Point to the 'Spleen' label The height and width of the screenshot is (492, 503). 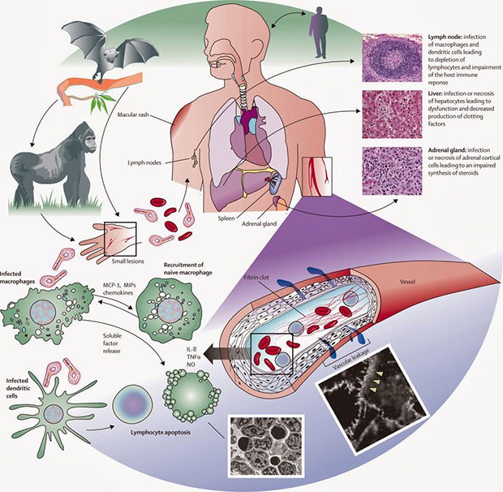pos(226,218)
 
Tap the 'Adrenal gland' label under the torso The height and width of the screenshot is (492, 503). pos(259,224)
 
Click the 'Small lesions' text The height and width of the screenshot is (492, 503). pos(127,261)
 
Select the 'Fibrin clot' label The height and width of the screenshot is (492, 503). pos(256,277)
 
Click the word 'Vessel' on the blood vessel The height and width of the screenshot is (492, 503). pos(407,282)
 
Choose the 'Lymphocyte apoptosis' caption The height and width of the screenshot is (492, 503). pos(161,432)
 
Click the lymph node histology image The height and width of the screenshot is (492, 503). pos(392,58)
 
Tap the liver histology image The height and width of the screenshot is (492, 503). pos(392,114)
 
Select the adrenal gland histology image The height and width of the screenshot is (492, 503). pos(392,171)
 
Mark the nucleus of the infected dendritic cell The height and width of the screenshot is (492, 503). pos(54,414)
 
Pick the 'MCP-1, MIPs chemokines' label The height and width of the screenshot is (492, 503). pos(118,289)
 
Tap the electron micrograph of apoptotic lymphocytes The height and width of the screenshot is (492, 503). pos(265,446)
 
